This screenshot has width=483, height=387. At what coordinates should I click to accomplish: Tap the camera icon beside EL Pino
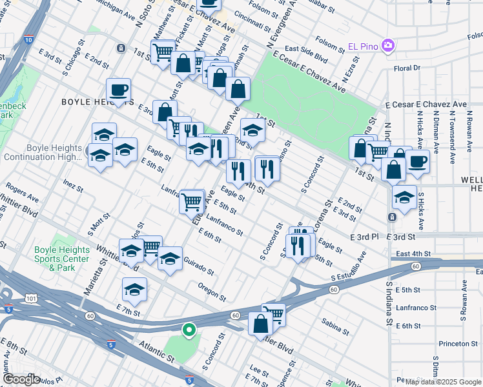387,45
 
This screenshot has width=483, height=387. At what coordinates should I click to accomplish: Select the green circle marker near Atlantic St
189,330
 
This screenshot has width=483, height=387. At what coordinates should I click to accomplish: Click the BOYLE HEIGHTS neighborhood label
90,102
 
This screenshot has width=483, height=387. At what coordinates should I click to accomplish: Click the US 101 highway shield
31,298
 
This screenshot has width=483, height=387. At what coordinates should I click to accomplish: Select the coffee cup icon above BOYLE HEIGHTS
119,90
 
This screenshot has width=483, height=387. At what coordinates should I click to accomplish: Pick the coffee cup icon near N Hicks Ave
417,161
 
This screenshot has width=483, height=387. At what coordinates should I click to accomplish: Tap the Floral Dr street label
407,67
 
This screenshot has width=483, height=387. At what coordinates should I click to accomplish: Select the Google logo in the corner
22,379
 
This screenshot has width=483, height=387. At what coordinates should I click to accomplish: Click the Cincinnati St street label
252,25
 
